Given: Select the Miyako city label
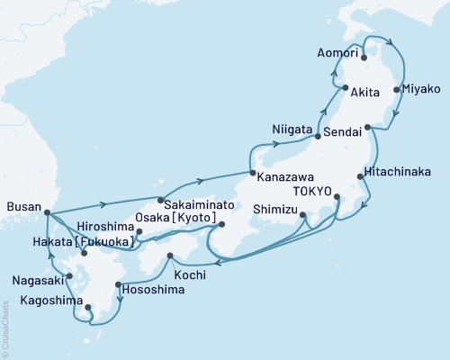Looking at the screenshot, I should (420, 90).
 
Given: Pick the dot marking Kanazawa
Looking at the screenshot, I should (253, 171).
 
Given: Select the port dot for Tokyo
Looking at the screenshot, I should (337, 196).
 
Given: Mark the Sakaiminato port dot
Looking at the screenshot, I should (160, 199).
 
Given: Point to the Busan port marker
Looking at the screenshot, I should (47, 212).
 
